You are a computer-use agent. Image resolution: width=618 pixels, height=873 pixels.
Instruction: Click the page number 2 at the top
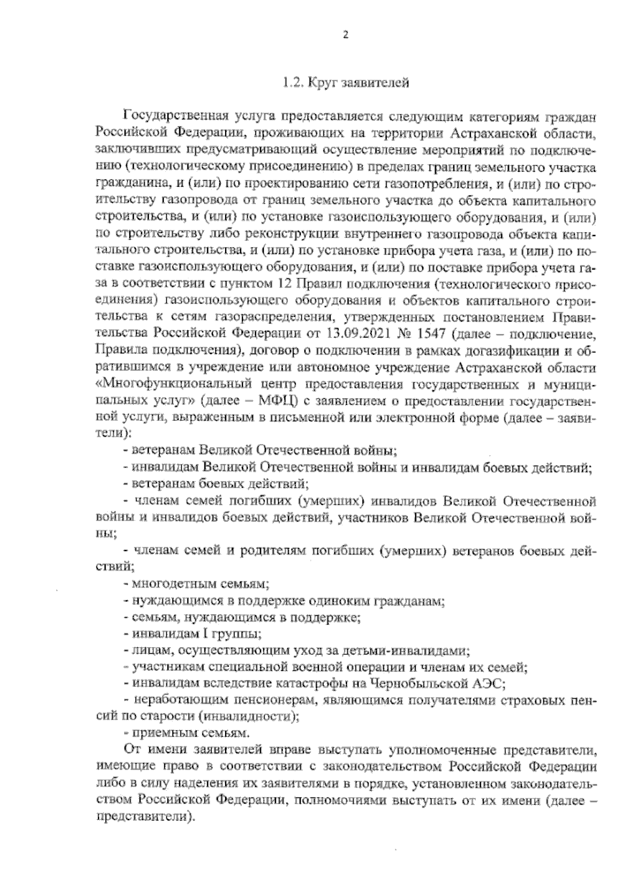click(346, 35)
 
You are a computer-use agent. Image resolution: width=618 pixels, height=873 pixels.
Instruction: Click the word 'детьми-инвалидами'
click(414, 651)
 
